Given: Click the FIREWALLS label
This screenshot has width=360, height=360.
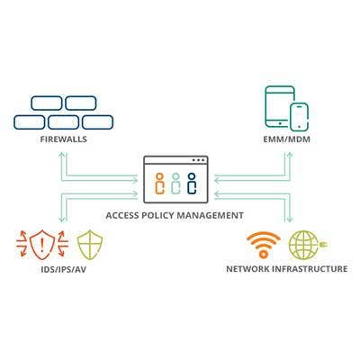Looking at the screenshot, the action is (x=63, y=139).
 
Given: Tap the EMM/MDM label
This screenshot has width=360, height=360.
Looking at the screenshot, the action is (x=286, y=139).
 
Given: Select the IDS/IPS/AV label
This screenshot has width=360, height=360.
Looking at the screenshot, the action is (x=63, y=269).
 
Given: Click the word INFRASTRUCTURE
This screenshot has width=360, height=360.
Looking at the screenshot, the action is (x=310, y=268).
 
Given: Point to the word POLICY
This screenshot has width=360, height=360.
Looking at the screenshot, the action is (x=156, y=215).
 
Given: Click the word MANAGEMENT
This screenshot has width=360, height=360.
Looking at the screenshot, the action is (x=210, y=215).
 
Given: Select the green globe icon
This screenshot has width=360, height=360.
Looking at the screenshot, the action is (x=304, y=245).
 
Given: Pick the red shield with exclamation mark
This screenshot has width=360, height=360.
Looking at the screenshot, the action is (x=42, y=245).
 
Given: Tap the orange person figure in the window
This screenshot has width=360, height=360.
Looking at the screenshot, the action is (x=160, y=184).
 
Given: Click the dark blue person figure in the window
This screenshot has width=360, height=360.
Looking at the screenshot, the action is (x=192, y=184).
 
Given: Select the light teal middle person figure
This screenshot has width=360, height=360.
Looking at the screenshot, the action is (x=175, y=184).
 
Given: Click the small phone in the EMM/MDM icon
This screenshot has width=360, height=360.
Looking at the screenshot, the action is (x=299, y=117).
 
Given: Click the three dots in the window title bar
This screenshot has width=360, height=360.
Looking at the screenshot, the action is (x=199, y=160).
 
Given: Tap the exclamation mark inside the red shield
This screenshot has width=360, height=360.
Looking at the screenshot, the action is (x=42, y=245).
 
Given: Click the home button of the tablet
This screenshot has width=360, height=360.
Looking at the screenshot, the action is (x=280, y=123).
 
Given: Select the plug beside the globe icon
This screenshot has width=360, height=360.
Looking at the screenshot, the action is (x=323, y=245).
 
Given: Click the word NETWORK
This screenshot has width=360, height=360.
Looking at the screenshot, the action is (x=247, y=268).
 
